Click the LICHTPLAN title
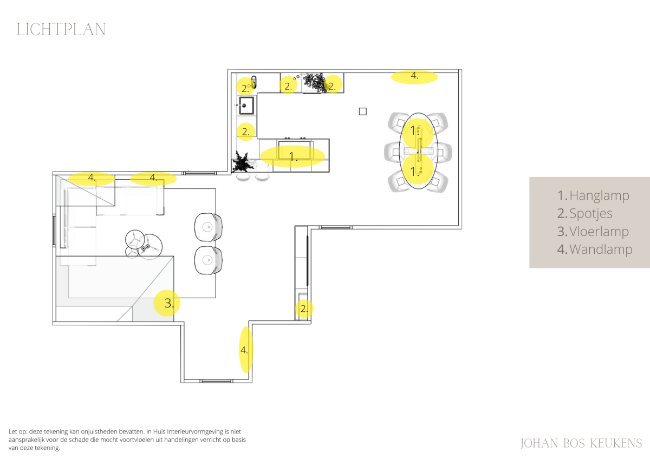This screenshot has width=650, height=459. click(61, 30)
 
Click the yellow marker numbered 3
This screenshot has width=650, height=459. click(167, 303)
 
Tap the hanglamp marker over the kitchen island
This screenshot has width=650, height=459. click(292, 156)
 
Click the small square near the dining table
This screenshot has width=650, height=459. click(363, 112)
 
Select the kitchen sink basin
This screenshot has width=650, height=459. click(246, 106)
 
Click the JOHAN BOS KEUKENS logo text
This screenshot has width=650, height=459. click(581, 443)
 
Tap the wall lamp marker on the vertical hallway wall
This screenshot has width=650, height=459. click(246, 350)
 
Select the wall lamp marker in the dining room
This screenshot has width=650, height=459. click(414, 77)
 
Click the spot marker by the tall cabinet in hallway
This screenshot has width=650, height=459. click(304, 309)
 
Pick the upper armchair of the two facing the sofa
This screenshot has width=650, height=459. click(209, 227)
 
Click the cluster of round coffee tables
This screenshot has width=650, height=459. click(144, 245)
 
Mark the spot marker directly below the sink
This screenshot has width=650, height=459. click(246, 132)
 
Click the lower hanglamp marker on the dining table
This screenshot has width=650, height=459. click(418, 169)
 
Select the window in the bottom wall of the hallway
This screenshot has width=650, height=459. click(216, 381)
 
